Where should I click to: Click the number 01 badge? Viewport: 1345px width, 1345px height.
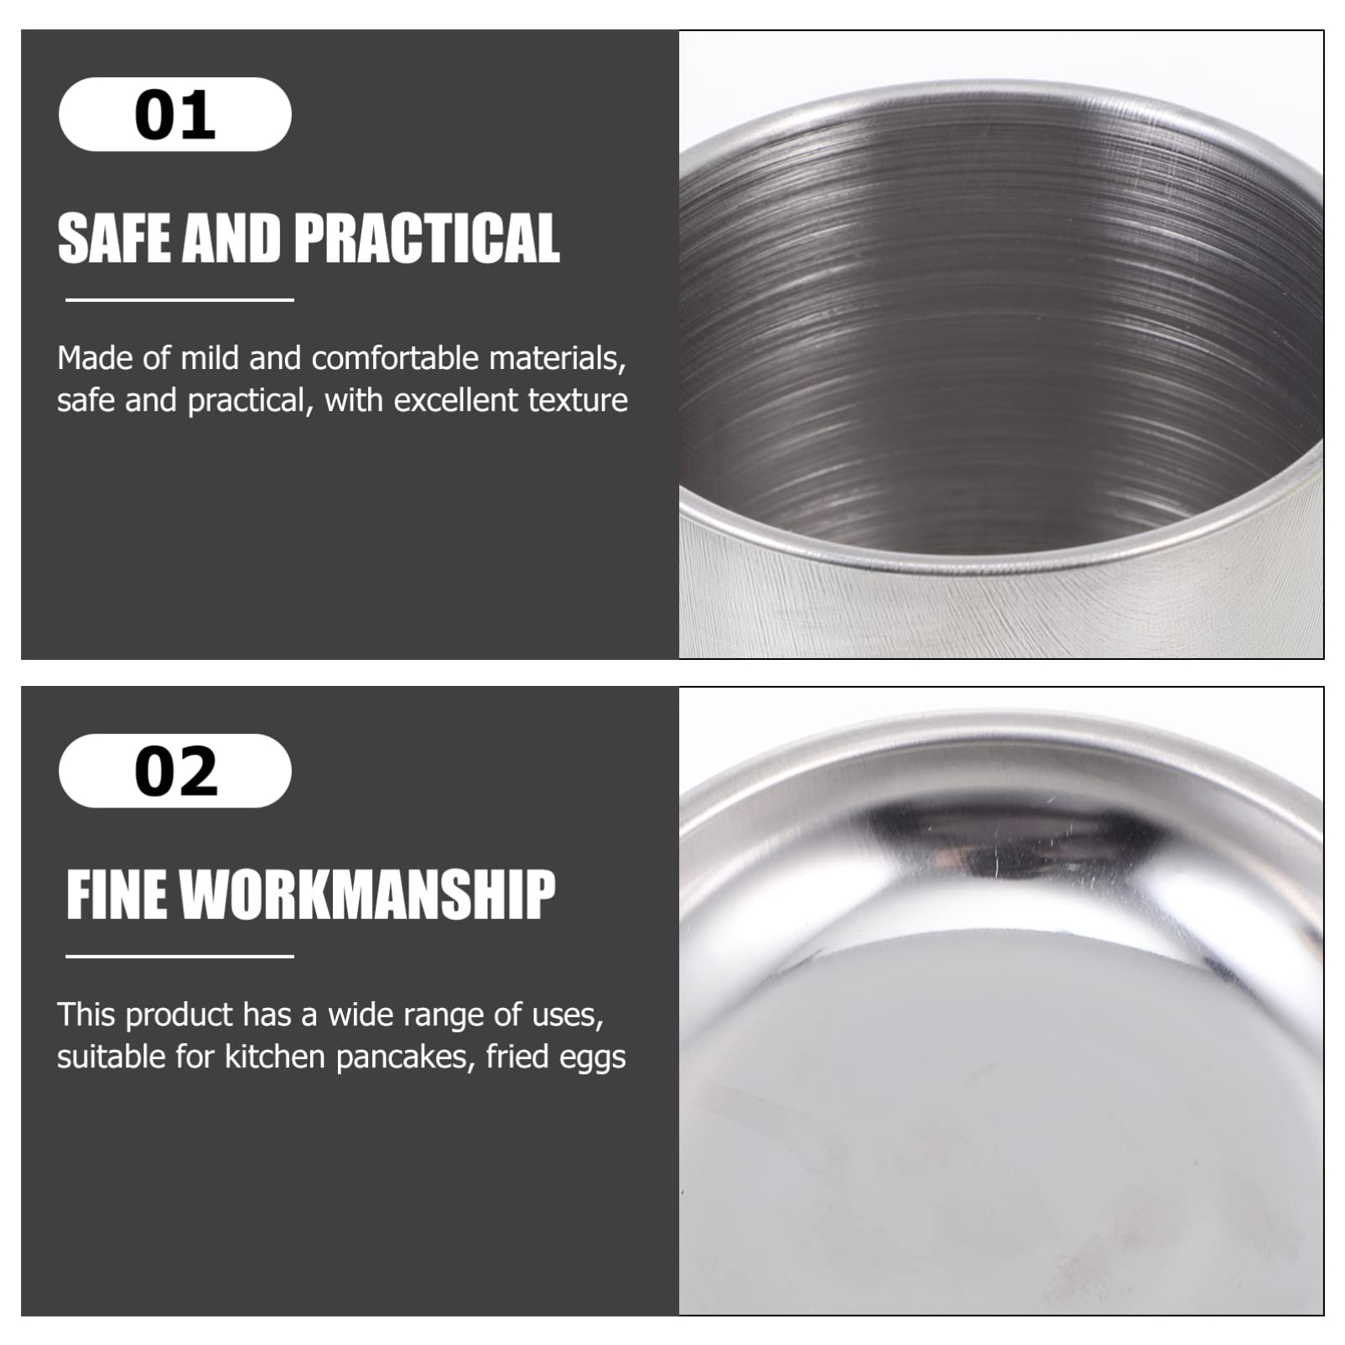pyautogui.click(x=175, y=114)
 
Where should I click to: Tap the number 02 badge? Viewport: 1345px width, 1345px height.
pyautogui.click(x=175, y=771)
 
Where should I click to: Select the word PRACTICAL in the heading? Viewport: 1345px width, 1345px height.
pyautogui.click(x=427, y=238)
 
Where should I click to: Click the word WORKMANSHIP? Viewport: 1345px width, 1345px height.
pyautogui.click(x=368, y=895)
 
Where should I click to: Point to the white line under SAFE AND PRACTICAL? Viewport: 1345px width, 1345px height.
pyautogui.click(x=179, y=299)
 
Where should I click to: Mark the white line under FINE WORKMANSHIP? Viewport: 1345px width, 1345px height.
pyautogui.click(x=179, y=956)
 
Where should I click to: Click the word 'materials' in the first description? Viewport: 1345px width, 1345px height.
pyautogui.click(x=558, y=359)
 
